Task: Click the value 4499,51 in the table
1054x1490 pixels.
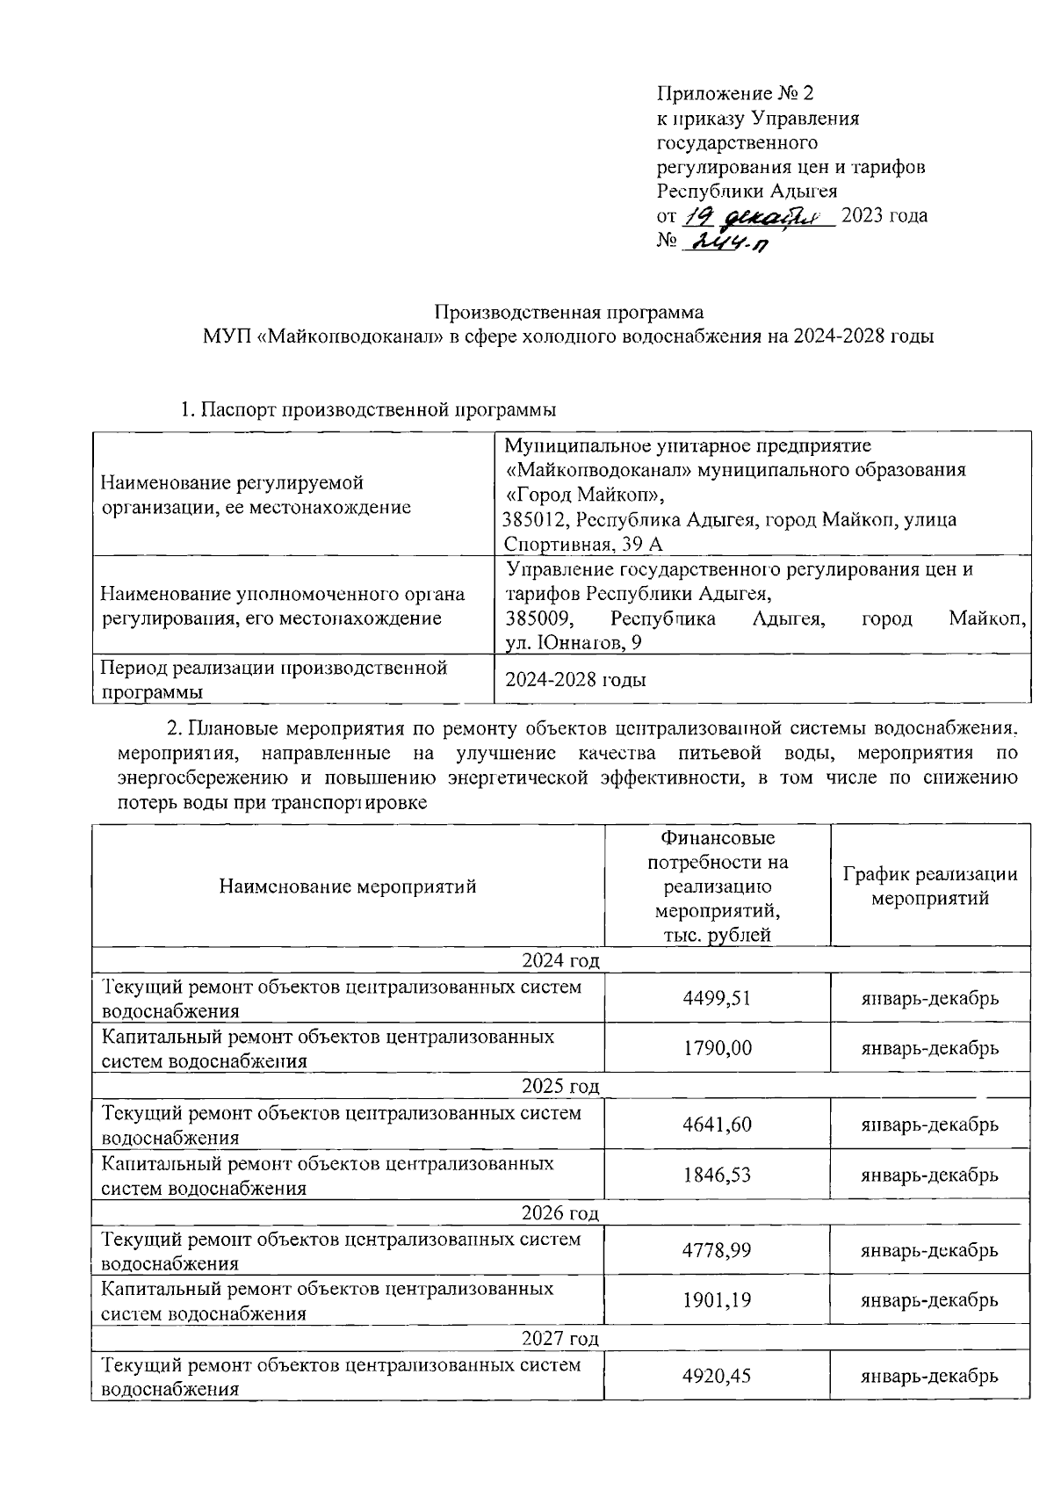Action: pos(717,998)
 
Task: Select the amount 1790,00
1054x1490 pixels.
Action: pos(717,1048)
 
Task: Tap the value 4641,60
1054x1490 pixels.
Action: pos(717,1125)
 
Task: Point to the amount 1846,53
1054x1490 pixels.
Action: pos(717,1175)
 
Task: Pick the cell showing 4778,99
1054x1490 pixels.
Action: pos(717,1250)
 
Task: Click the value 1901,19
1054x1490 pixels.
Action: pos(717,1300)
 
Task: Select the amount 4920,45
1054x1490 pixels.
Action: pos(717,1376)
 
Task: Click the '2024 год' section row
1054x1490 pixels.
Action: pos(560,960)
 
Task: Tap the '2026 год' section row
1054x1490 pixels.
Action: pos(560,1213)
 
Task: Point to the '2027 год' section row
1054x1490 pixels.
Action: pos(560,1339)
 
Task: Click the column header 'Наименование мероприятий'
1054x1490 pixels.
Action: pos(348,886)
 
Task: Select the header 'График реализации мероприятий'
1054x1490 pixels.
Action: pos(930,886)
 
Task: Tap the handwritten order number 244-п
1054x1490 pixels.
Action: pos(728,242)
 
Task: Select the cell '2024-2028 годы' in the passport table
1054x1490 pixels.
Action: pos(576,680)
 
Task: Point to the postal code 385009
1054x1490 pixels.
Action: pos(538,619)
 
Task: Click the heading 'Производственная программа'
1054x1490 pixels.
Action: pos(569,312)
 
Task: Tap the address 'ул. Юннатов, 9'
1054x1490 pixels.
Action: pos(574,644)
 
